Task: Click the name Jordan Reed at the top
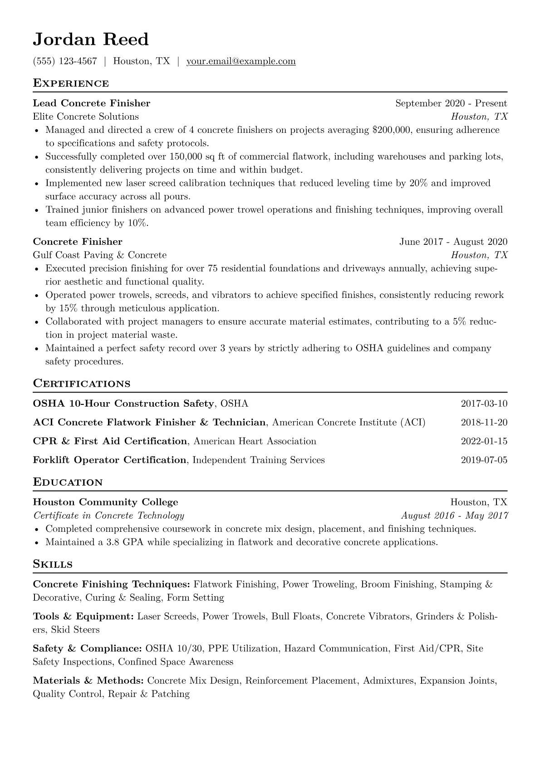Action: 91,40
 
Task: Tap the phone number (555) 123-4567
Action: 65,61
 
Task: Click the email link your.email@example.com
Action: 241,61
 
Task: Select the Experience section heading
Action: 71,83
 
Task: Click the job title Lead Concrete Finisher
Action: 91,103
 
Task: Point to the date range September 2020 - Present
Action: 451,103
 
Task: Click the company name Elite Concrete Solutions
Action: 86,117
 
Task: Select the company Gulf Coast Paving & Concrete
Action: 99,255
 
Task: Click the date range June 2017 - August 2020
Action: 453,242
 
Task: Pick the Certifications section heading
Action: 82,384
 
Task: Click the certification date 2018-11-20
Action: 484,423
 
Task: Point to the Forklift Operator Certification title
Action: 109,460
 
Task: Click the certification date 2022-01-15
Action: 484,441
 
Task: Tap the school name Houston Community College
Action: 105,502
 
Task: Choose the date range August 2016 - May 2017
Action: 454,515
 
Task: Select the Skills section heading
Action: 53,564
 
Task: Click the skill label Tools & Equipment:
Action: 83,617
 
